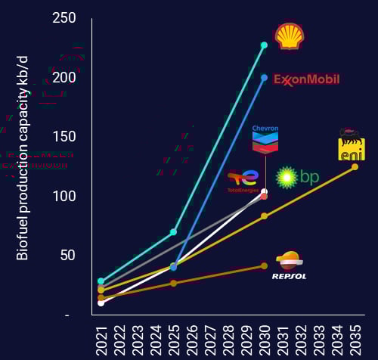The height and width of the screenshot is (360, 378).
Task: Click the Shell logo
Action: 290,36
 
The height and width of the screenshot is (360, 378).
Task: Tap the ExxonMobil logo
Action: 306,79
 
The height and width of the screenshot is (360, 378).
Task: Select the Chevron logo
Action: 265,138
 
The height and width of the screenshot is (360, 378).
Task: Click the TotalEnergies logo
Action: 243,181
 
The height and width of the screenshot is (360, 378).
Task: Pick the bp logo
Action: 298,178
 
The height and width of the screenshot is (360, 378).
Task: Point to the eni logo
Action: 351,144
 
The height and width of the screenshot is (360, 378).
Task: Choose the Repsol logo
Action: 289,266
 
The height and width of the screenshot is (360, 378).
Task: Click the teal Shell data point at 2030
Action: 264,45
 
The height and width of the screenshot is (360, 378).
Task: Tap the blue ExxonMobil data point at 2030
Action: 264,77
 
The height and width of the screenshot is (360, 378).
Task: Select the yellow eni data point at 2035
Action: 355,166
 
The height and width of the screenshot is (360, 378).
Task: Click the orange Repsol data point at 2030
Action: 264,265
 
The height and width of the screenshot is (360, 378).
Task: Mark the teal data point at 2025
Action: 173,231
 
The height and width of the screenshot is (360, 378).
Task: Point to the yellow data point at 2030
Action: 264,216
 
